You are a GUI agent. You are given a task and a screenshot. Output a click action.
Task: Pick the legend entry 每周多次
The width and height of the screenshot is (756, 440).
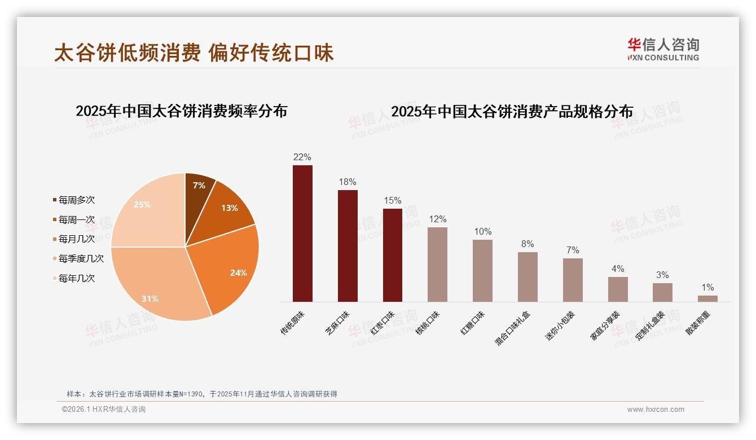[x=76, y=200]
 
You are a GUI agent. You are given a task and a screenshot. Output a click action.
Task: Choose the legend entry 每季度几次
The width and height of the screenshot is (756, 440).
[x=81, y=259]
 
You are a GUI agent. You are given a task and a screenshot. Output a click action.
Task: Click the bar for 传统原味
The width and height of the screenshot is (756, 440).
[x=302, y=234]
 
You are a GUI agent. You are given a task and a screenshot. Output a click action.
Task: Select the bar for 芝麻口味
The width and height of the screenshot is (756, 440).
[x=348, y=246]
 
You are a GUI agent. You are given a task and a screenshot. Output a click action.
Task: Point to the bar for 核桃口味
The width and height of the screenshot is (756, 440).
[x=437, y=265]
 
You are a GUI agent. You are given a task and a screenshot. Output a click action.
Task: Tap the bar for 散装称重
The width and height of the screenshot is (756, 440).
[x=707, y=298]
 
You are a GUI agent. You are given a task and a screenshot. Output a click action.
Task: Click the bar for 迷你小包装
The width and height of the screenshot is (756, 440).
[x=573, y=280]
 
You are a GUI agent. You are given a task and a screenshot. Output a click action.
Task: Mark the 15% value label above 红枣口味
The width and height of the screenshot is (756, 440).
[x=392, y=201]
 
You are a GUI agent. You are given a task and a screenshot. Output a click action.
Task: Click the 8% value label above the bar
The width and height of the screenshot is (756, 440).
[x=528, y=244]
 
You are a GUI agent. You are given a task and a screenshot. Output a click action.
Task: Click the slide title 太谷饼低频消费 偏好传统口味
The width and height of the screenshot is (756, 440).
[x=194, y=53]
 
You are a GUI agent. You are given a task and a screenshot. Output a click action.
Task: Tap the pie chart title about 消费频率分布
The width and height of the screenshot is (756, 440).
[x=182, y=111]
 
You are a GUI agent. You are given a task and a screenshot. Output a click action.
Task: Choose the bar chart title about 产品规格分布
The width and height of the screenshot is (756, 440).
[x=512, y=112]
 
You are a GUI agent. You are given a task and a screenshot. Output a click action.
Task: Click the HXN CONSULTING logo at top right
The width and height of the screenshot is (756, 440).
[x=663, y=49]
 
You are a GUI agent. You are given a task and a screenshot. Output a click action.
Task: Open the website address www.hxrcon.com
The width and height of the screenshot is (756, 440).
[x=656, y=410]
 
